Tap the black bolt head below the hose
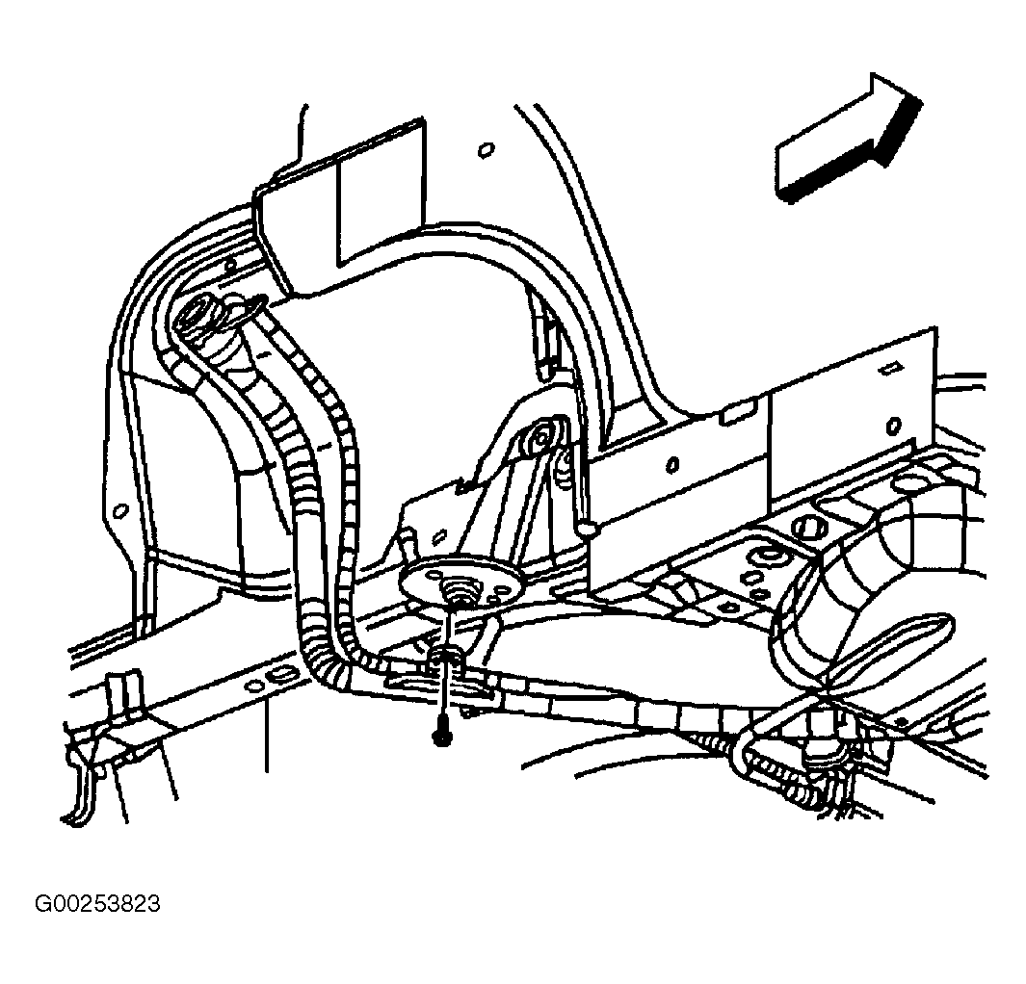(439, 738)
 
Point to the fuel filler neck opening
(197, 314)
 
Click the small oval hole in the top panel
(486, 151)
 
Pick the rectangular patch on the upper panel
(381, 196)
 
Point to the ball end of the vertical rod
(588, 527)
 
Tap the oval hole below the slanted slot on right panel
(893, 427)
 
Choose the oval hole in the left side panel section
(671, 465)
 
